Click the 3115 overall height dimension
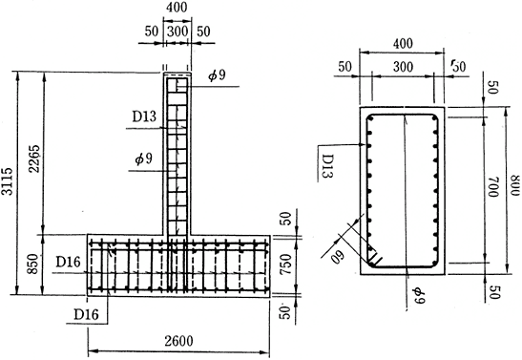pyautogui.click(x=8, y=181)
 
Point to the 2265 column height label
pyautogui.click(x=34, y=159)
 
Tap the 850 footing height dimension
pyautogui.click(x=32, y=265)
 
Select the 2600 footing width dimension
pyautogui.click(x=178, y=341)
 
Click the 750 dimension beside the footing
pyautogui.click(x=285, y=265)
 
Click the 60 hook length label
pyautogui.click(x=339, y=256)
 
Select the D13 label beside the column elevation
pyautogui.click(x=144, y=116)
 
